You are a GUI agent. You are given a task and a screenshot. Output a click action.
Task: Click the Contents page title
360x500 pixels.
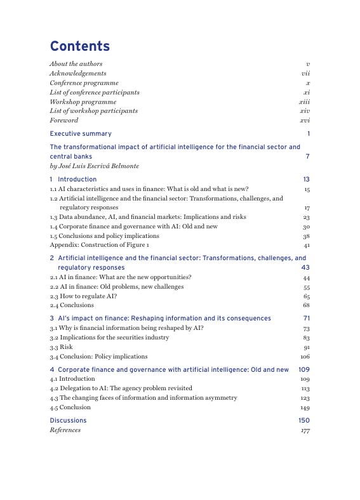pos(79,46)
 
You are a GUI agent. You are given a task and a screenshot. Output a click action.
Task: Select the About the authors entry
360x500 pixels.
pos(76,64)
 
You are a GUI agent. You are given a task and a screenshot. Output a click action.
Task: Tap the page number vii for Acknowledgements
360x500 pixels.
pos(305,74)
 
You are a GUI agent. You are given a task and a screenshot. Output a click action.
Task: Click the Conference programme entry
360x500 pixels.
pos(84,83)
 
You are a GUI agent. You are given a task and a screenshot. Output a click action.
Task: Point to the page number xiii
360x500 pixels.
pos(304,102)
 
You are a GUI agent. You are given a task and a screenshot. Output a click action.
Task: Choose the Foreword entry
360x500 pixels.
pos(63,120)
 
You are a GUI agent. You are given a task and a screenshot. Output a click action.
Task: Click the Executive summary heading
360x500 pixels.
pos(81,134)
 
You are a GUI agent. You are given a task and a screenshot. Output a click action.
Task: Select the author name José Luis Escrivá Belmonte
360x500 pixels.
pos(94,166)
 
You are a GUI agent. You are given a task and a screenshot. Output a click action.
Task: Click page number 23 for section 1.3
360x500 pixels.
pos(306,217)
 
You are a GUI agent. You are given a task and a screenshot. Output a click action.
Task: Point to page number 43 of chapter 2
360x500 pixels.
pos(305,268)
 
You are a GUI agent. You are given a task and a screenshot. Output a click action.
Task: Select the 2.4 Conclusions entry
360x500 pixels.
pos(72,305)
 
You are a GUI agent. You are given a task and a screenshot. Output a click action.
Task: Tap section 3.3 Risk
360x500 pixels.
pos(61,347)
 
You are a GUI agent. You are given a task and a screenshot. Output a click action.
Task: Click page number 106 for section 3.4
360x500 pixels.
pos(305,357)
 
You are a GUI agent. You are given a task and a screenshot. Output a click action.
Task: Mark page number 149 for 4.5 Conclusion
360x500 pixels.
pos(305,408)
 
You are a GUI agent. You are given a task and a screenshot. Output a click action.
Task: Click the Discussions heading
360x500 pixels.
pos(68,421)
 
